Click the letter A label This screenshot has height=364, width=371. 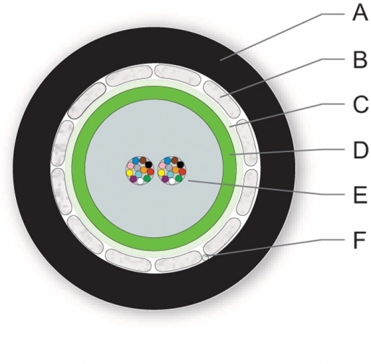[360, 14]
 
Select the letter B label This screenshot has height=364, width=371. [360, 59]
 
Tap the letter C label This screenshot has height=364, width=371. [360, 104]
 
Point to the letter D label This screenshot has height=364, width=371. [361, 151]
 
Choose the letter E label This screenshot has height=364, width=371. [360, 195]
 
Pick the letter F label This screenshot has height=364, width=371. [359, 240]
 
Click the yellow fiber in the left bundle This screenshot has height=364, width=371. [129, 173]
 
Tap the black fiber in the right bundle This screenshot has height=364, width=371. [180, 165]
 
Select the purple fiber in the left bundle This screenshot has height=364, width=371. [133, 179]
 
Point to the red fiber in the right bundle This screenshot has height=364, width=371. [182, 172]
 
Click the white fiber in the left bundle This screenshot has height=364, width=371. [140, 181]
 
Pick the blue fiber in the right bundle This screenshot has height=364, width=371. [167, 160]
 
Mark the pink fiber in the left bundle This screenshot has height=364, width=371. [130, 166]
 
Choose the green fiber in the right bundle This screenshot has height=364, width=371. [179, 178]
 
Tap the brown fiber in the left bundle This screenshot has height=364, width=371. [143, 160]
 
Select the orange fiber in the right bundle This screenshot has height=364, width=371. [176, 170]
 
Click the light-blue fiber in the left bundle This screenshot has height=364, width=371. [138, 174]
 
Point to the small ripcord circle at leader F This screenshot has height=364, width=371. [205, 258]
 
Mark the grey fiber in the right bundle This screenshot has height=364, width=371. [169, 167]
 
